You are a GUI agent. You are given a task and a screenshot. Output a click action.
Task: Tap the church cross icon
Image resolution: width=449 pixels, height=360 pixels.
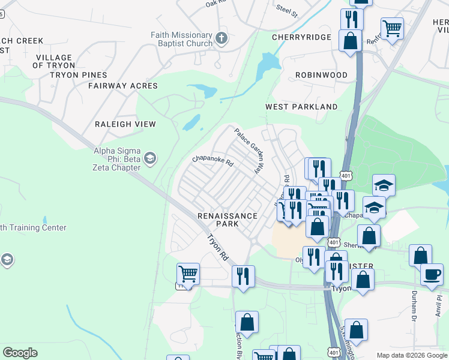pos(221,39)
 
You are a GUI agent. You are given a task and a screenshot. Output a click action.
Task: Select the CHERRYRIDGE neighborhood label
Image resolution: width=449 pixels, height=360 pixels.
pos(301,37)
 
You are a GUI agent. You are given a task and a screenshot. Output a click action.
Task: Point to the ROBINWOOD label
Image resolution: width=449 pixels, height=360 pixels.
pos(321,75)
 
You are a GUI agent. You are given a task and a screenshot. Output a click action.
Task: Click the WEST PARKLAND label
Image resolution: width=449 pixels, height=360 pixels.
pos(301,107)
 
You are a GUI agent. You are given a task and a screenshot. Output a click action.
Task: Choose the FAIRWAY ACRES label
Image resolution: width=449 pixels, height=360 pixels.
pos(122,86)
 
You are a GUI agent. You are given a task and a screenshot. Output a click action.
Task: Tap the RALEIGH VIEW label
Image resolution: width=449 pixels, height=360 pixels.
pos(125,124)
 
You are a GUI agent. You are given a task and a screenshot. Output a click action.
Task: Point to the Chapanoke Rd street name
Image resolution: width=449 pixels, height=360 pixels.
pos(212,160)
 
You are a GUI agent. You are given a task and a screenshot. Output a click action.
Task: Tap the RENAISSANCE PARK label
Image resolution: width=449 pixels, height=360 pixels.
pos(228,220)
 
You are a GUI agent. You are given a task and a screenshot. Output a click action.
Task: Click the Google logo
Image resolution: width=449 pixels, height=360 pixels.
pos(20,353)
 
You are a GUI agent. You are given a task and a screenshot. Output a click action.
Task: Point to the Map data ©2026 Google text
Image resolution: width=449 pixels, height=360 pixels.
pos(412,355)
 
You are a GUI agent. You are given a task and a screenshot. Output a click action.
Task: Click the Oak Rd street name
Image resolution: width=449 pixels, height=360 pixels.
pos(215,4)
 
